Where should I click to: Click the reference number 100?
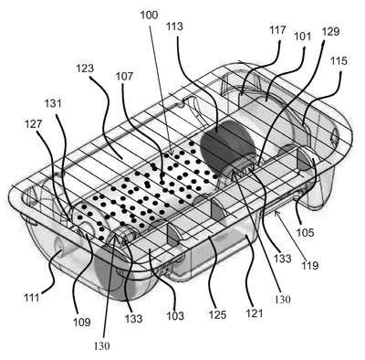pos(149,16)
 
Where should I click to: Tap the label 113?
pos(175,26)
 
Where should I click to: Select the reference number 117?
pos(277,30)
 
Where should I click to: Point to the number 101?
pos(303,37)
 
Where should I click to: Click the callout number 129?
pos(331,32)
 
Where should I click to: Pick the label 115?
pos(339,61)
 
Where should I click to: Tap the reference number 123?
pos(85,69)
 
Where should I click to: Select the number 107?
pos(124,76)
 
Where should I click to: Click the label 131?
pos(53,103)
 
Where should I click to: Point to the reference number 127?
pos(34,124)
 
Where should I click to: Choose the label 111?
pos(32,297)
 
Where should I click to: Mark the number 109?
pos(82,322)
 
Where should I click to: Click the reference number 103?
pos(175,316)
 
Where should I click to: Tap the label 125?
pos(218,314)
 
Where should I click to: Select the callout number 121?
pos(254,312)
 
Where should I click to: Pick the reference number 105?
pos(305,232)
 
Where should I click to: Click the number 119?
pos(309,265)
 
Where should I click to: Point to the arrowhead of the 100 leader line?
pos(171,153)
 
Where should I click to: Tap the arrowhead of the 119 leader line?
pos(276,214)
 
